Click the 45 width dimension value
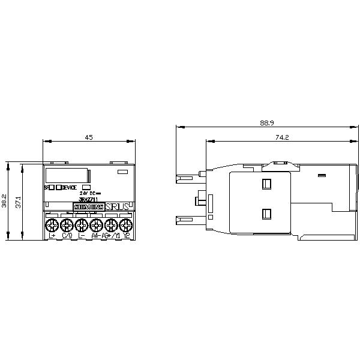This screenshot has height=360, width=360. point(88,137)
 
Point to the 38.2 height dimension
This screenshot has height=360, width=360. point(5,200)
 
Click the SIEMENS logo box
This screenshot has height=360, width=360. point(88,206)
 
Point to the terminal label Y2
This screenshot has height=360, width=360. point(127,236)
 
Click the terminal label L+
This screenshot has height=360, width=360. point(52,236)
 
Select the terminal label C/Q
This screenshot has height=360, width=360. point(67,236)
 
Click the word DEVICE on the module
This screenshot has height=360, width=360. point(69,187)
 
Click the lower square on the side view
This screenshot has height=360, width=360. point(266,213)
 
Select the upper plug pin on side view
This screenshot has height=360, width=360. point(187,178)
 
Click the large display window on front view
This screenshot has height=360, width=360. point(67,175)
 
